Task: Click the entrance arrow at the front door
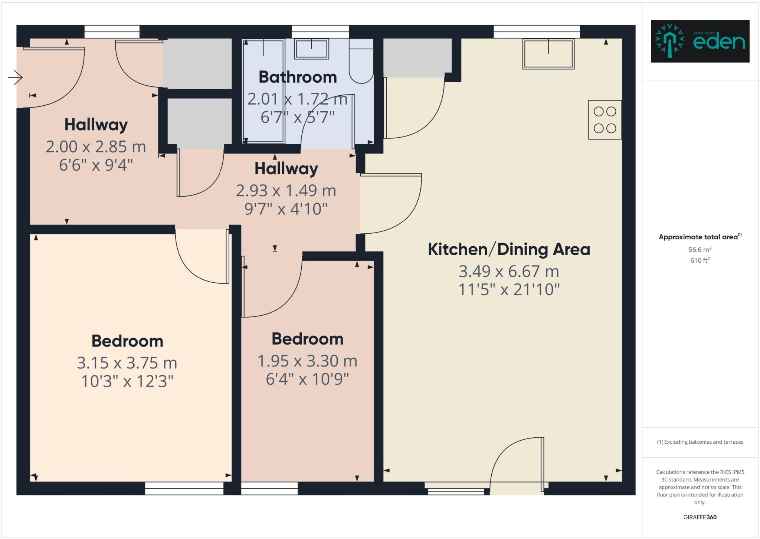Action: tap(15, 78)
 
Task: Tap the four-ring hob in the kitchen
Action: tap(605, 120)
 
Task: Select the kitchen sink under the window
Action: tap(548, 54)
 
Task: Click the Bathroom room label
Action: tap(298, 77)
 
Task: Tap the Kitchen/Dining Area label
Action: tap(509, 249)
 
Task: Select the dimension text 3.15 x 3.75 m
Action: tap(127, 363)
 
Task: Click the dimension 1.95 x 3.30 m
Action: tap(307, 361)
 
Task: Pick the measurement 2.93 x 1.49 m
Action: tap(286, 191)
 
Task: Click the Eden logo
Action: tap(700, 41)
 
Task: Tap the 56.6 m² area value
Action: tap(700, 250)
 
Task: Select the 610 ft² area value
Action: tap(700, 260)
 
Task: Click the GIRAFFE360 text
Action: tap(700, 517)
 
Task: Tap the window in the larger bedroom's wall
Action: tap(184, 488)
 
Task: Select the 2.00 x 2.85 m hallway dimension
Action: tap(96, 147)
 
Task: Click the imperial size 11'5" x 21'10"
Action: tap(509, 290)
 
